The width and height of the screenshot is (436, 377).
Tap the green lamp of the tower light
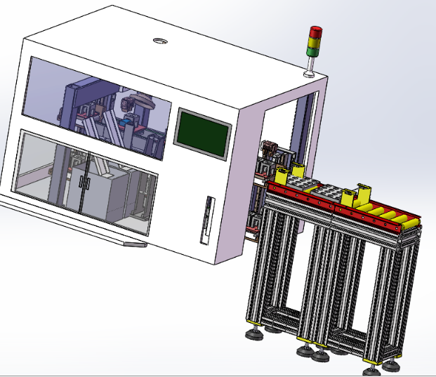[312, 51]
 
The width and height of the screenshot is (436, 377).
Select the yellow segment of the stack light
[314, 41]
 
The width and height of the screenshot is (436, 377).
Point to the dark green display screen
[203, 131]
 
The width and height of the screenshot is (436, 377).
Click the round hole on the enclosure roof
[161, 41]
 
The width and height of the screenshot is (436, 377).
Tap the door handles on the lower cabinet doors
[86, 183]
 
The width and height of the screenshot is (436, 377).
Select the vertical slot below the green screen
[206, 219]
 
